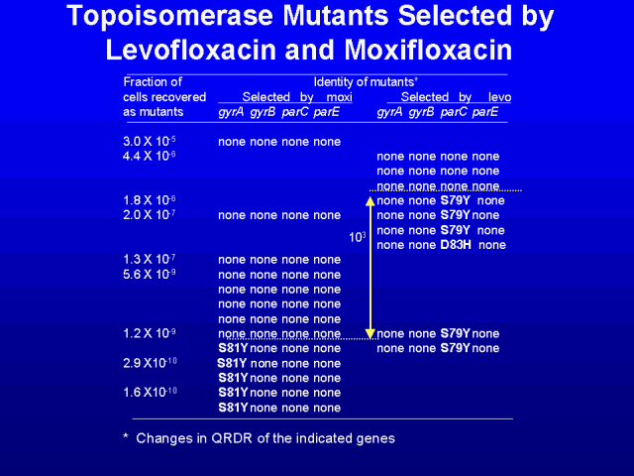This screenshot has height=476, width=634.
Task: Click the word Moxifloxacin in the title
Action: click(429, 50)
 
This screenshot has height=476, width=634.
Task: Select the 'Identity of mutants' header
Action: click(366, 82)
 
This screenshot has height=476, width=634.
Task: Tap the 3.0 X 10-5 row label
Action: click(150, 141)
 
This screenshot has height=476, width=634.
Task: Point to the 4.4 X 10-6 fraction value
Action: click(150, 156)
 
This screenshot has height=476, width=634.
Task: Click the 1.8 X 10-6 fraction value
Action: click(150, 200)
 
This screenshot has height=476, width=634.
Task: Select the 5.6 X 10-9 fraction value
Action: click(150, 274)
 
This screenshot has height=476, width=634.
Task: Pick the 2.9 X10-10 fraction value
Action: click(150, 363)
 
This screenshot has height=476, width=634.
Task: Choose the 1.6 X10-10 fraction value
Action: click(150, 393)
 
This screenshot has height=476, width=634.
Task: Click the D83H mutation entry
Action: click(456, 245)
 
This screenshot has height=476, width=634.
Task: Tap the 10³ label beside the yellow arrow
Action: click(357, 237)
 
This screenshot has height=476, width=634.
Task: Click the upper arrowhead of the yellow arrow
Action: click(370, 201)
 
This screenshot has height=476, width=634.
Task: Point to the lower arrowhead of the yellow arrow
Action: click(370, 334)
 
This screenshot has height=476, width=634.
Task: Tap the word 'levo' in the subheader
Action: click(499, 97)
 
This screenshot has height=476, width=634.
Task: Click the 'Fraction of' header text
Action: click(153, 82)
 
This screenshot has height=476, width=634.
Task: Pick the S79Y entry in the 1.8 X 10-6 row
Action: click(456, 200)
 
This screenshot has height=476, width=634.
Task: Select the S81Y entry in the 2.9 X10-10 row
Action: click(232, 363)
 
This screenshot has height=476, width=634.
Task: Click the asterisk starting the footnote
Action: click(126, 436)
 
